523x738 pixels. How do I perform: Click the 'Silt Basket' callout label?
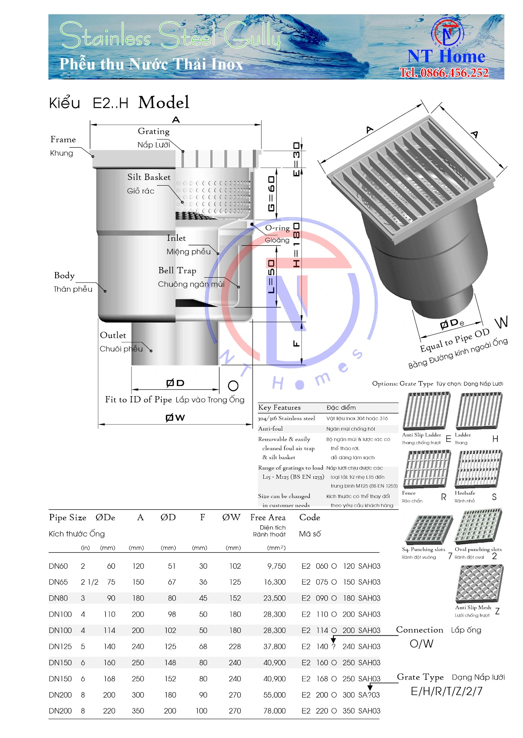(149, 177)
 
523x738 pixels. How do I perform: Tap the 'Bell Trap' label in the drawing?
(177, 270)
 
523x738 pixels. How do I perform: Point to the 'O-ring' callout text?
(277, 228)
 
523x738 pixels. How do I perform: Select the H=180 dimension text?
(297, 245)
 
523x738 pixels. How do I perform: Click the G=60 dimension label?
(271, 194)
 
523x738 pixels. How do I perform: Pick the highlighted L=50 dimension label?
(271, 276)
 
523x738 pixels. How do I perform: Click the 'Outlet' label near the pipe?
(113, 335)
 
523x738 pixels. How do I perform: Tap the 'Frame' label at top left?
(63, 139)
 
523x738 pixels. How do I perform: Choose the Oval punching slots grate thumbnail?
(479, 527)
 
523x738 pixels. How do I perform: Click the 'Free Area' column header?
(268, 517)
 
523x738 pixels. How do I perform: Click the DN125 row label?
(60, 646)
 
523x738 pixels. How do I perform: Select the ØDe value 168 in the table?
(109, 679)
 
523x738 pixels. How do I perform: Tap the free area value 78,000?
(275, 711)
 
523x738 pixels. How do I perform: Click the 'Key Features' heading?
(279, 407)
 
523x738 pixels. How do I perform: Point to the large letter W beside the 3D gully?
(501, 322)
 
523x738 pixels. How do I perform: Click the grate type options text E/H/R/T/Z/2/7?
(447, 691)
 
